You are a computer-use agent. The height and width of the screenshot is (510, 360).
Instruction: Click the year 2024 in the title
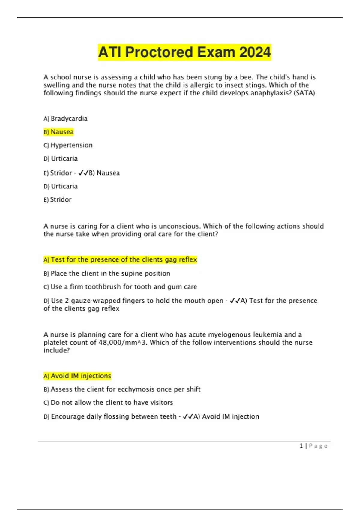[255, 52]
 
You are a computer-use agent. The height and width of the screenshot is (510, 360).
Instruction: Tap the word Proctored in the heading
[159, 52]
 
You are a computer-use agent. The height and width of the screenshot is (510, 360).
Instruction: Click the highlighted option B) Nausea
[58, 132]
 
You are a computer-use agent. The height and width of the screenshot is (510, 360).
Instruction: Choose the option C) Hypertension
[68, 145]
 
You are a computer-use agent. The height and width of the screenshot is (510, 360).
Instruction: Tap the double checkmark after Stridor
[83, 173]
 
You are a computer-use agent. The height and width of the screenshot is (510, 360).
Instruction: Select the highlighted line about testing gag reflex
[120, 259]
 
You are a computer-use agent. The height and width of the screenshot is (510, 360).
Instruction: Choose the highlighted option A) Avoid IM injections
[77, 376]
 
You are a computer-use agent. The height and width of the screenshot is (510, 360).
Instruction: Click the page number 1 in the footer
[301, 446]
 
